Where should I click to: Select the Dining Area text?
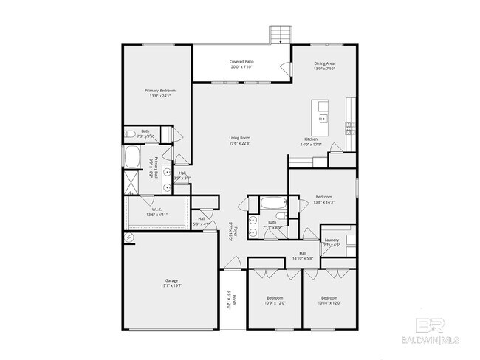pos(325,63)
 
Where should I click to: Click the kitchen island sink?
pos(323,117)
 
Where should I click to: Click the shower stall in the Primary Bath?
pos(131,181)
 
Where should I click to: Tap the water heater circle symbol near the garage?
pos(128,238)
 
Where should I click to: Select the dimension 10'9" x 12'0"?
pos(274,302)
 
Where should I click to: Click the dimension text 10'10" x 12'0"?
pos(329,302)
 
